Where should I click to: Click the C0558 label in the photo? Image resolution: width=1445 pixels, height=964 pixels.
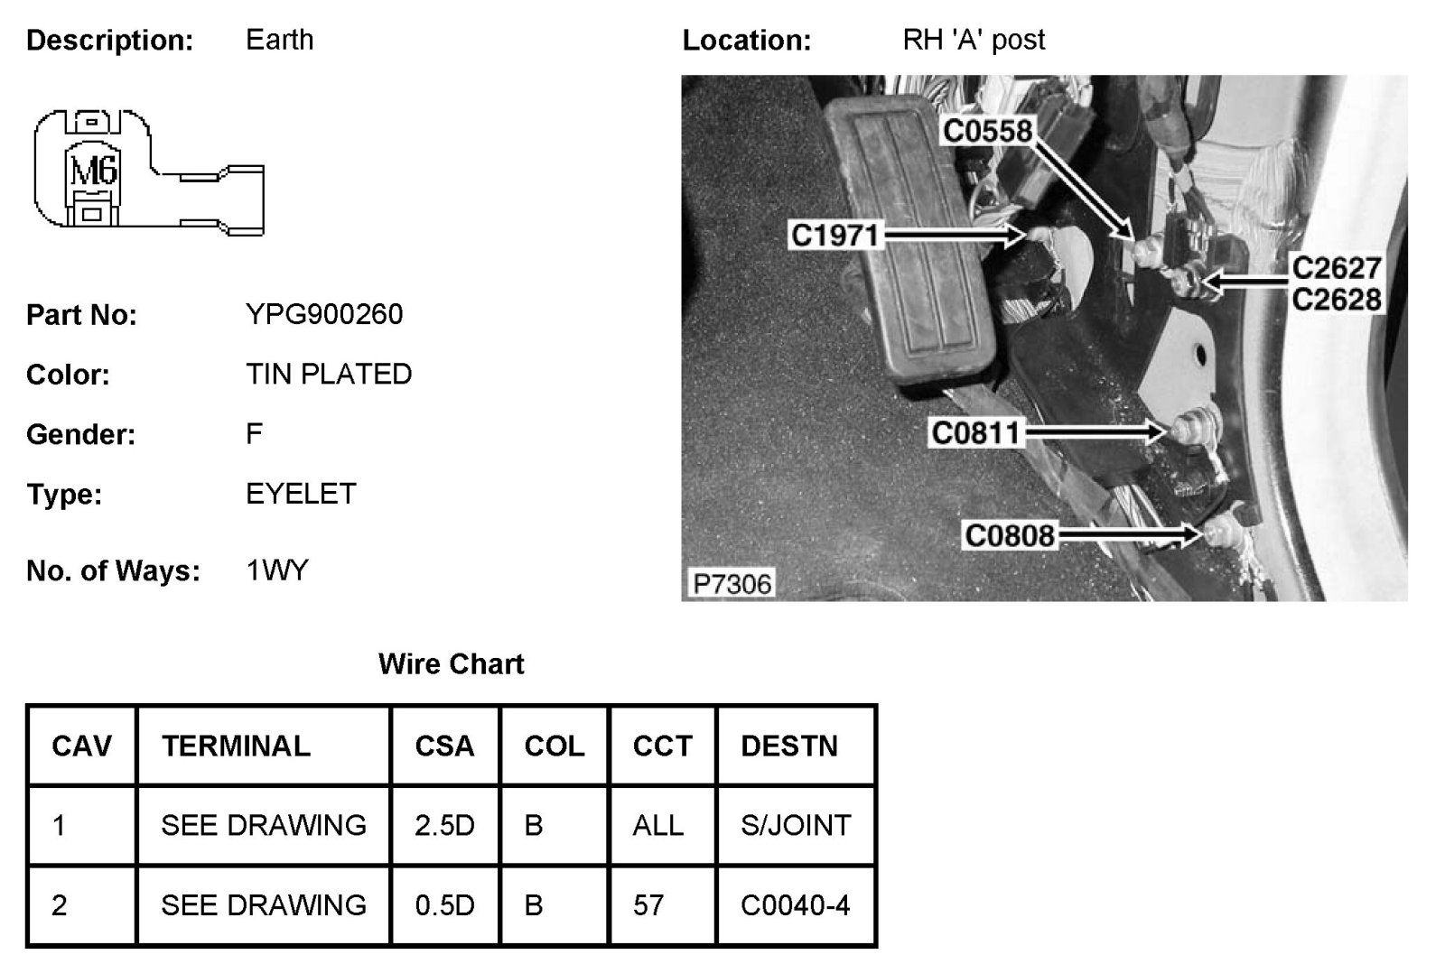987,132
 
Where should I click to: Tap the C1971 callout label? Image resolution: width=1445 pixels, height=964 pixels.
834,236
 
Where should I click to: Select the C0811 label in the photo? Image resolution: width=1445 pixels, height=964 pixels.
975,433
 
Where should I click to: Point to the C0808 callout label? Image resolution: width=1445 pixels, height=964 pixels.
1010,536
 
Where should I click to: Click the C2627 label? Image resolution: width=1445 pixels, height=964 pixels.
1337,268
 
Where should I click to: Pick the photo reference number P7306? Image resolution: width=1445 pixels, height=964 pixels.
732,584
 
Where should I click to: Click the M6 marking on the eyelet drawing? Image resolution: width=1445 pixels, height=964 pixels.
93,169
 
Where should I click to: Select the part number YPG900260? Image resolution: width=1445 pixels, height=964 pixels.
324,315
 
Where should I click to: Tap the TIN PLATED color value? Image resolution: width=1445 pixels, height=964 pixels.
329,375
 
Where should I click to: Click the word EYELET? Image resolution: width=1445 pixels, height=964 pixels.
301,495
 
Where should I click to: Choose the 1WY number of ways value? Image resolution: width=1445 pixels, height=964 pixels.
277,570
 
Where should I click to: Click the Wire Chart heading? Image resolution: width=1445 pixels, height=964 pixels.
451,664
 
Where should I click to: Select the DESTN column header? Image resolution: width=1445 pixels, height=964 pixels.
789,746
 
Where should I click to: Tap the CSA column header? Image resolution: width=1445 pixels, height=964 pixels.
444,746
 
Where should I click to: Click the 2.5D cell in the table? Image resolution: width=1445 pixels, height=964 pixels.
444,826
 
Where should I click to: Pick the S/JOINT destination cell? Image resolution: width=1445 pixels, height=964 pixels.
795,826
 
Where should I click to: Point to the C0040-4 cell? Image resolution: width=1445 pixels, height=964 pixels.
795,905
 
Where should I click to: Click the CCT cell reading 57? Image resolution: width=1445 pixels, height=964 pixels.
648,905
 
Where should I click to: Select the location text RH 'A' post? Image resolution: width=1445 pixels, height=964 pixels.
974,41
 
